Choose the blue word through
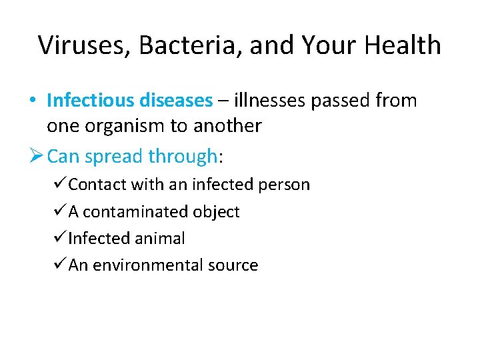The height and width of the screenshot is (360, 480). (183, 156)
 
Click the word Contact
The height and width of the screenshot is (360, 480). (97, 185)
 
